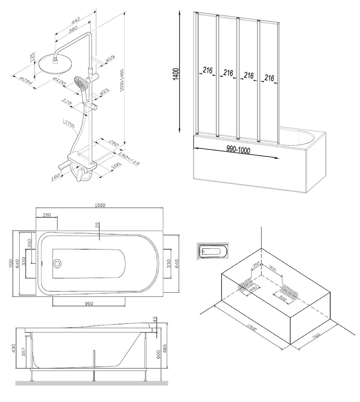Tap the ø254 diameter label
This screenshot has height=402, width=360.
click(26, 81)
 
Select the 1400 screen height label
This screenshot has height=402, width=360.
click(176, 74)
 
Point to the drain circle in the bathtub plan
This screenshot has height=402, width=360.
click(58, 263)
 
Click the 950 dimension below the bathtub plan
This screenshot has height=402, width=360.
click(89, 303)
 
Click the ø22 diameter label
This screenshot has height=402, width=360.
click(104, 93)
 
